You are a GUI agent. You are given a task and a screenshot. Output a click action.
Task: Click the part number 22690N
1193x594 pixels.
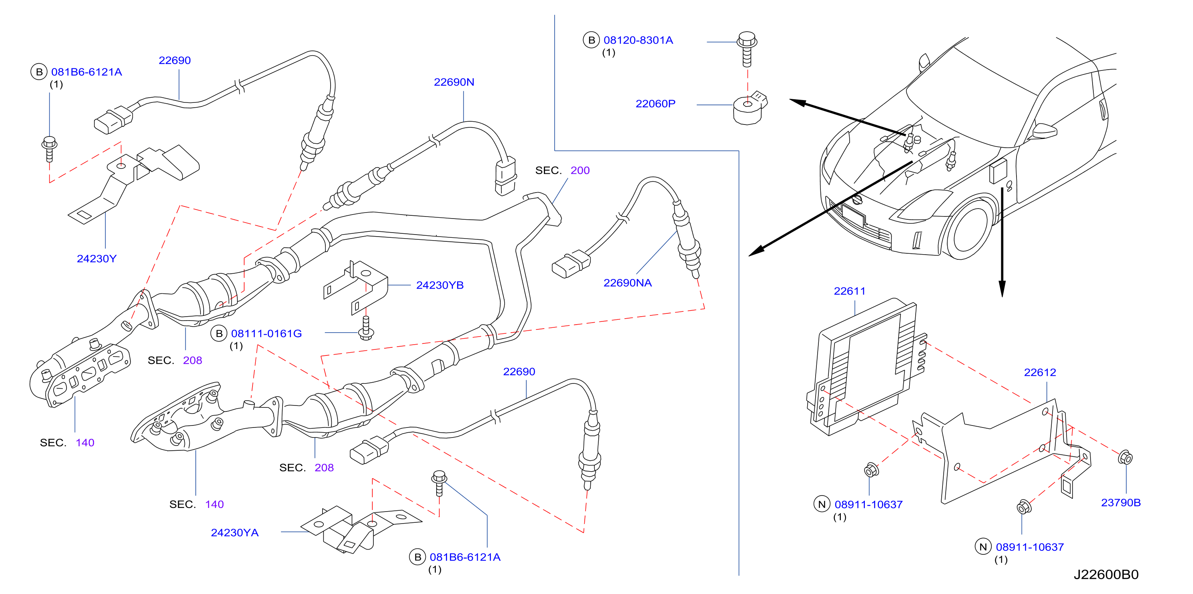click(454, 82)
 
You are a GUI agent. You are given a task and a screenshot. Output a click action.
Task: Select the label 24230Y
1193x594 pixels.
click(97, 259)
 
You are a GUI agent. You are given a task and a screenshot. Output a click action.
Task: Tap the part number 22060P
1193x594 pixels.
click(655, 104)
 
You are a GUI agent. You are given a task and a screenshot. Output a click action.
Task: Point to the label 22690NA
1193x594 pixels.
click(628, 283)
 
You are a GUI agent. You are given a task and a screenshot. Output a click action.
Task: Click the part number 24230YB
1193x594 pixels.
click(440, 285)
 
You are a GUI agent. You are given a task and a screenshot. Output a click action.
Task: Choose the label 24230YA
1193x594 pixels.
click(235, 533)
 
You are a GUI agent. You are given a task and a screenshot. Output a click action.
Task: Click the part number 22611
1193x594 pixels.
click(849, 291)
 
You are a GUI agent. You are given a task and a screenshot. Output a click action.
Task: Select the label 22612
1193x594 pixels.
click(1040, 372)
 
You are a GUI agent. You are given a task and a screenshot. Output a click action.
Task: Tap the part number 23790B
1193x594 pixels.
click(1121, 502)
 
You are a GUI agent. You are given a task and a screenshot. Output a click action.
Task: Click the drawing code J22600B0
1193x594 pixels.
click(1106, 574)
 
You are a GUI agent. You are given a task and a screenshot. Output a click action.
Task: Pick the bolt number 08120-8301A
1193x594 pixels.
click(638, 40)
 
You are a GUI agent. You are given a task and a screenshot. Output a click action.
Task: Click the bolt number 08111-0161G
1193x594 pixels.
click(266, 333)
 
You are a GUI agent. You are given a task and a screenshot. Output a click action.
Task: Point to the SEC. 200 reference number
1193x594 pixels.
click(580, 171)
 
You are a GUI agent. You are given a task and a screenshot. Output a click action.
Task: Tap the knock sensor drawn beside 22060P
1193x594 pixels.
click(749, 108)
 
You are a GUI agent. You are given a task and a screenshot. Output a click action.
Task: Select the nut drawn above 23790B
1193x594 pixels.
click(1125, 458)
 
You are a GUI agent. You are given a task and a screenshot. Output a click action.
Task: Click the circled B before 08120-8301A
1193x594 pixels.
click(591, 40)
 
